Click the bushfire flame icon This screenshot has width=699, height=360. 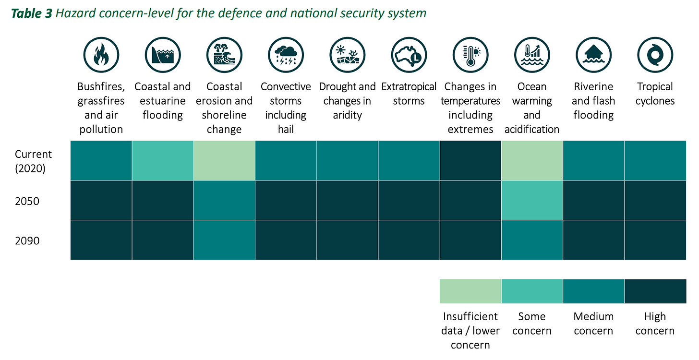coord(101,55)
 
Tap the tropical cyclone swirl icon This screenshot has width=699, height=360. coord(655,55)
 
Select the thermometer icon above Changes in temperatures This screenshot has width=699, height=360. coord(470,55)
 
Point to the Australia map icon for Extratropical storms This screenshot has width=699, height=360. coord(409,55)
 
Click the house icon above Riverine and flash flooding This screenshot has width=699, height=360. coord(593,55)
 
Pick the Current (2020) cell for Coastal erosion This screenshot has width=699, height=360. coord(224,160)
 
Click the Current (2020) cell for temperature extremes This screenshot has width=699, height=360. coord(470,160)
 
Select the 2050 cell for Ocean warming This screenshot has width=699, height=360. coord(532,200)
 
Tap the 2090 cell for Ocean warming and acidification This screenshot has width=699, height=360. coord(532,240)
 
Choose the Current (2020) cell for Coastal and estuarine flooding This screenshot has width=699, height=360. coord(163,160)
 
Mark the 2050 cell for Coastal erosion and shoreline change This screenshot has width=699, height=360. coord(224,200)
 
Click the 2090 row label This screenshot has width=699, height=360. coord(27,241)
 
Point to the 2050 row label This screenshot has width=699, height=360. coord(27,201)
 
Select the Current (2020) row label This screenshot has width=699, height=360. coord(33,161)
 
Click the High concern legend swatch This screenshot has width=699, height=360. coord(655,291)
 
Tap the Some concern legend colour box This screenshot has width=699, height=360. coord(532,291)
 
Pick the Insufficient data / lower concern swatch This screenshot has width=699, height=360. coord(470,291)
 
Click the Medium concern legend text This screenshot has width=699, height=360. coord(593,324)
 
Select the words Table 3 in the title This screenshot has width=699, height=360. coord(31,13)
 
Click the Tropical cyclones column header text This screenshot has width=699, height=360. coord(655,94)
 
